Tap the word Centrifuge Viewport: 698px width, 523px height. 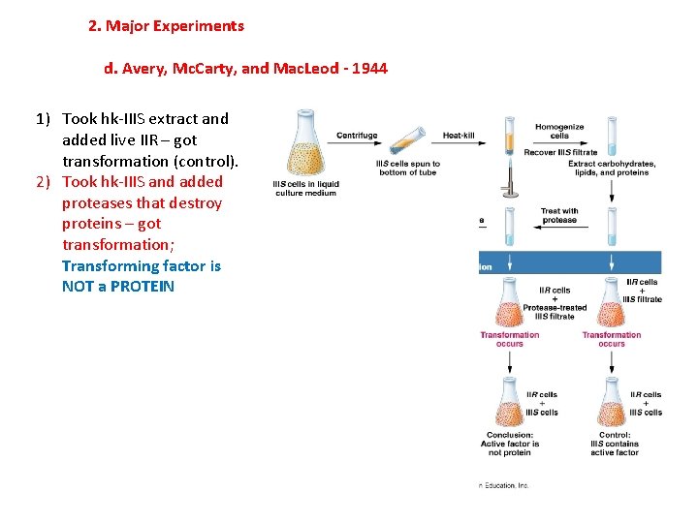tap(357, 135)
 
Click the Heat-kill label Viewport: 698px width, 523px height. tap(459, 135)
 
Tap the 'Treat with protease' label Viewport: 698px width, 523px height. tap(559, 215)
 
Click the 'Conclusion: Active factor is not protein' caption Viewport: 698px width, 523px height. tap(509, 444)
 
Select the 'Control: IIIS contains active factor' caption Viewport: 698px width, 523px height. tap(615, 444)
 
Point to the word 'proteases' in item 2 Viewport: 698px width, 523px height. tap(93, 203)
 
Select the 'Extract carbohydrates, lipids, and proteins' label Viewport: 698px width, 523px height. tap(612, 168)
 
